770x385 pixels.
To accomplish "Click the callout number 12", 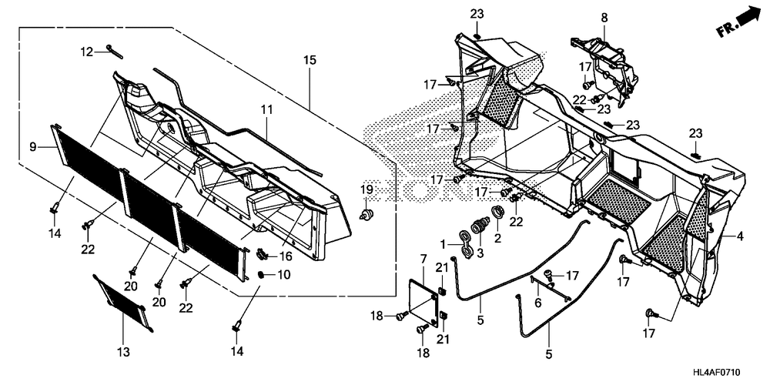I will [88, 52].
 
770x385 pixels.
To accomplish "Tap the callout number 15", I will [310, 59].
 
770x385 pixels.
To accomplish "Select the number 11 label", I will [266, 111].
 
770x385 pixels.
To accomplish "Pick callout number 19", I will [367, 189].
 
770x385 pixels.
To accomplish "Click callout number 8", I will [604, 17].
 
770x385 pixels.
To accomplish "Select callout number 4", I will [740, 237].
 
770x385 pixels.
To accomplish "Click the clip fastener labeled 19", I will [367, 213].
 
